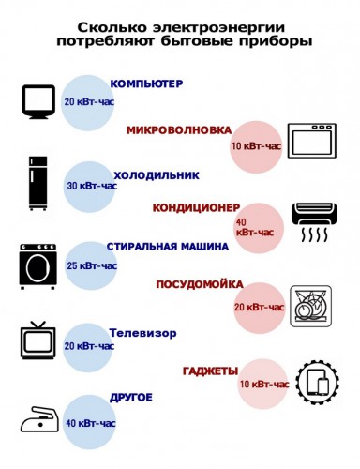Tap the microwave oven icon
pos(317,143)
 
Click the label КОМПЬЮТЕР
pos(146,84)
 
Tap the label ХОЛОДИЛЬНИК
pos(157,174)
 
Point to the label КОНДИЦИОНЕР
pos(197,206)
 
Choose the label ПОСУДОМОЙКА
pos(200,284)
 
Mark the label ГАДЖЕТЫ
pos(210,370)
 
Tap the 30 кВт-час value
pos(89,185)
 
